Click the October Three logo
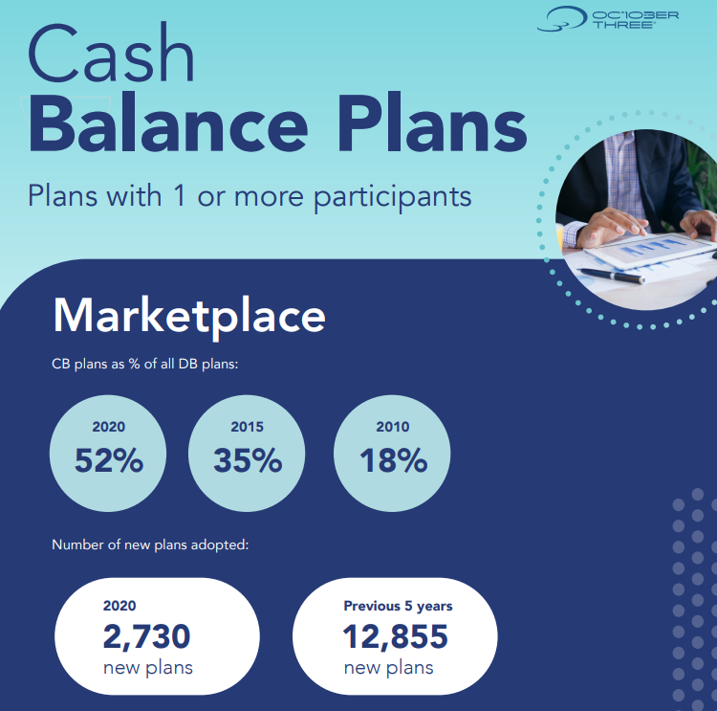click(608, 19)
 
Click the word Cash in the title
click(111, 54)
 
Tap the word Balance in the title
click(168, 123)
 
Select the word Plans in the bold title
click(432, 123)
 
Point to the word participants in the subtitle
click(392, 197)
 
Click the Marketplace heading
click(189, 317)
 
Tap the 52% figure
click(109, 460)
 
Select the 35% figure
click(248, 460)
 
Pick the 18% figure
click(393, 460)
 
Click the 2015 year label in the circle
click(247, 427)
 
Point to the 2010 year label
click(392, 427)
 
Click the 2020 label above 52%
click(108, 427)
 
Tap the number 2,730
click(146, 636)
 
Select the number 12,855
click(396, 636)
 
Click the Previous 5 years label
click(398, 606)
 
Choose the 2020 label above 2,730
click(119, 606)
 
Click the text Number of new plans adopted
click(150, 544)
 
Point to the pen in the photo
click(612, 276)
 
